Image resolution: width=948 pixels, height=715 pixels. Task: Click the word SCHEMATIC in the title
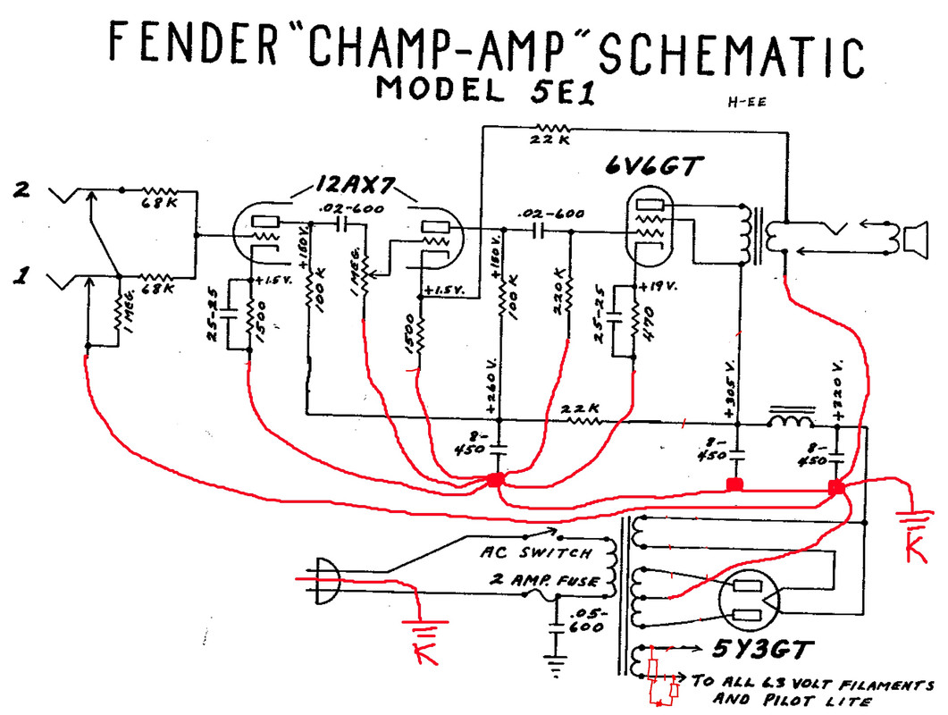tap(730, 55)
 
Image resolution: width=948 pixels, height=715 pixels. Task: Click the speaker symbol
tap(913, 240)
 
